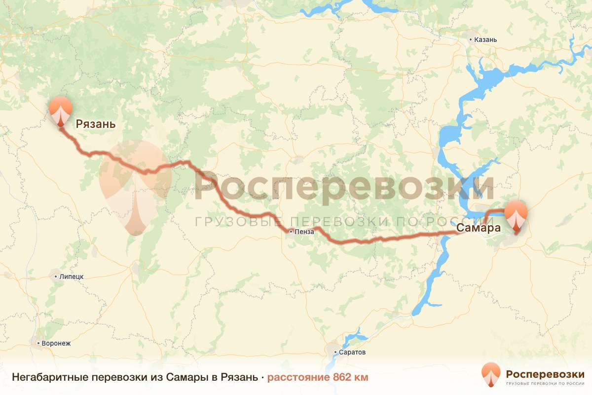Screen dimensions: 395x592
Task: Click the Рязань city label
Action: tap(96, 124)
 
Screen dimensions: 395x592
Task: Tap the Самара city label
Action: tap(479, 228)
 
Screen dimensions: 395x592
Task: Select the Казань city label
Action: tap(485, 39)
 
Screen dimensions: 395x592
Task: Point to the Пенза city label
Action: tap(304, 231)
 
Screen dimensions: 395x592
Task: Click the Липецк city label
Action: tap(71, 276)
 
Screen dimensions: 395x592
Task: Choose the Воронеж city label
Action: tap(57, 343)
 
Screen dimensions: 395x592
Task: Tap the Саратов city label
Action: tap(352, 353)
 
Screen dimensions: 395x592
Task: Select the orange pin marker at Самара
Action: tap(517, 214)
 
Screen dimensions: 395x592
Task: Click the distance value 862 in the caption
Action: tap(343, 378)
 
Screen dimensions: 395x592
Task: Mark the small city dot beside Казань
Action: tap(471, 39)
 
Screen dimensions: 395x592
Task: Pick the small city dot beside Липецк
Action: tap(56, 276)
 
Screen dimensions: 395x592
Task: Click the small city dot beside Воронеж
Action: tap(38, 343)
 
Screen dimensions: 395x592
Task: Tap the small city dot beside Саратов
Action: tap(335, 353)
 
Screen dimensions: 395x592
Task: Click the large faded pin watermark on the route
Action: tap(135, 185)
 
